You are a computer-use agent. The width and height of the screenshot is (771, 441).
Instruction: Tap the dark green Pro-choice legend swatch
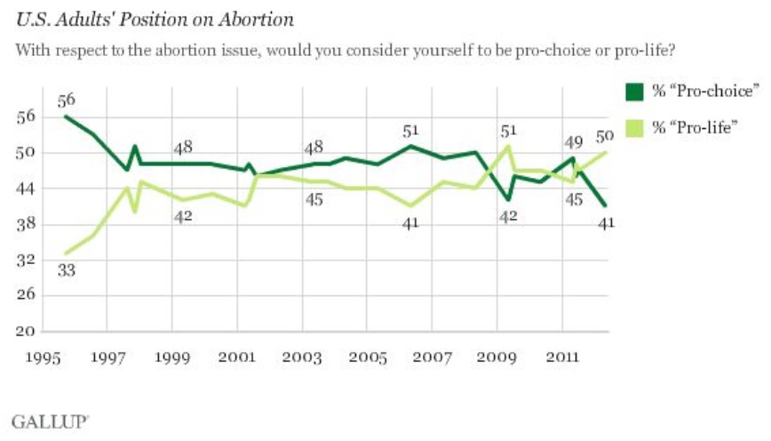[x=636, y=92]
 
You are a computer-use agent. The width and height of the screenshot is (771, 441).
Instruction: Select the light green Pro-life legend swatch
[x=636, y=126]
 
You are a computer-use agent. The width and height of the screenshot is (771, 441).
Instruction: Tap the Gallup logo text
[x=49, y=418]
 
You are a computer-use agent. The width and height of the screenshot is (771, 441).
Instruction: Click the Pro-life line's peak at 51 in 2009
[x=506, y=147]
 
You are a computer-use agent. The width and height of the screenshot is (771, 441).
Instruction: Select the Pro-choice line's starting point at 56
[x=66, y=116]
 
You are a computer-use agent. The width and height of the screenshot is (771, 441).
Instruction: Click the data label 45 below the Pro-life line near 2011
[x=574, y=199]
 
